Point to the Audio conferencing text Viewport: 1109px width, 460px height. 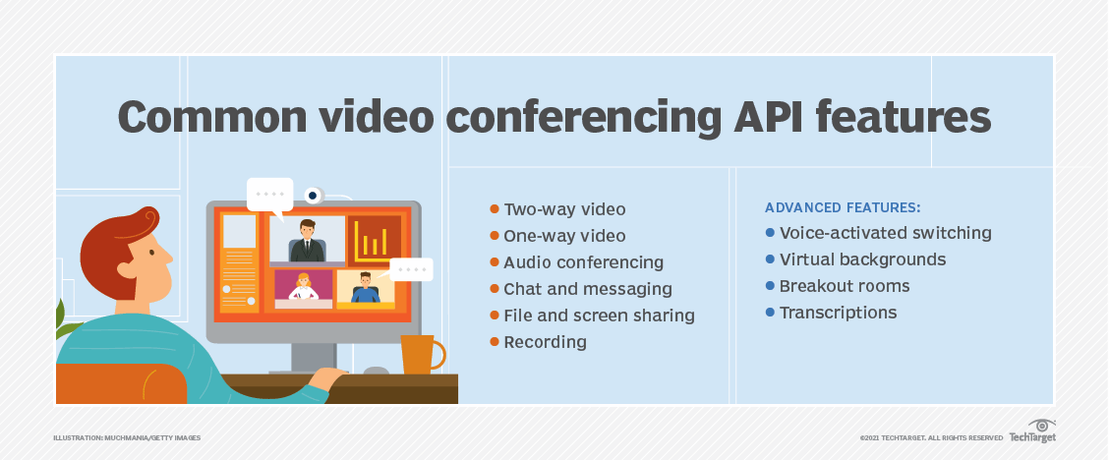pyautogui.click(x=583, y=262)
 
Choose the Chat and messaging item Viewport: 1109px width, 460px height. pyautogui.click(x=587, y=289)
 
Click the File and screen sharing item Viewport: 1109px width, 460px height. pyautogui.click(x=599, y=316)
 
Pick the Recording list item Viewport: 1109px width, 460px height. pyautogui.click(x=545, y=342)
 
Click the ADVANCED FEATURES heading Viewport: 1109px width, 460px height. pyautogui.click(x=843, y=208)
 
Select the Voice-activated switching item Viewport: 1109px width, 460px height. pyautogui.click(x=885, y=233)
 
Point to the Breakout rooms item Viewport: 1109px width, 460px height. pyautogui.click(x=844, y=286)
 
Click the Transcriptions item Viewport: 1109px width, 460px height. pyautogui.click(x=838, y=313)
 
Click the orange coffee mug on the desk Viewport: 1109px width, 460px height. pyautogui.click(x=420, y=354)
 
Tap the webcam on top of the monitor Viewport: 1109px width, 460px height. pyautogui.click(x=314, y=195)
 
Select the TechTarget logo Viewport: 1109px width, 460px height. pyautogui.click(x=1031, y=432)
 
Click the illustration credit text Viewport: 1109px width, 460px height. pyautogui.click(x=127, y=437)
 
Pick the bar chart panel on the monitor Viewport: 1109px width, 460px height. pyautogui.click(x=375, y=240)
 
